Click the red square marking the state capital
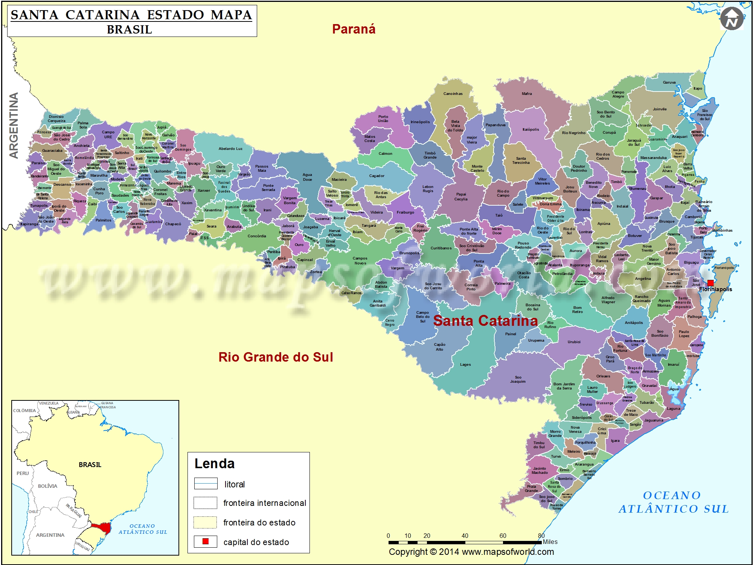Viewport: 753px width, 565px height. click(710, 283)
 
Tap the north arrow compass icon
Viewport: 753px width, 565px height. click(732, 19)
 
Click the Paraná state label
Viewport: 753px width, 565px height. click(354, 29)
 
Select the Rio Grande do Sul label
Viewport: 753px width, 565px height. click(276, 357)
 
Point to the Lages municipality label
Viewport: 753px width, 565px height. click(465, 365)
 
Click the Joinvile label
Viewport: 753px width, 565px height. click(660, 109)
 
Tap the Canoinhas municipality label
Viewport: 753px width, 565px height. click(453, 94)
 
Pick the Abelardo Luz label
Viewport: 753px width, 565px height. click(230, 149)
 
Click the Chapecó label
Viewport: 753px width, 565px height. click(173, 224)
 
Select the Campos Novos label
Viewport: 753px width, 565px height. click(360, 261)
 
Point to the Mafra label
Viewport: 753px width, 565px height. click(527, 94)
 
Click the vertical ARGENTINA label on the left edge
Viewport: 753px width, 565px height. click(14, 125)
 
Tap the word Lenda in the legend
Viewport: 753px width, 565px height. click(214, 464)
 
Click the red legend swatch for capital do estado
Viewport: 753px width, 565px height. click(206, 541)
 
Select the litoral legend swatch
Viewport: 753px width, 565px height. click(206, 483)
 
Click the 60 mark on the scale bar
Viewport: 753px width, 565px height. click(503, 536)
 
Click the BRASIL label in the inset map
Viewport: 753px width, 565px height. click(90, 464)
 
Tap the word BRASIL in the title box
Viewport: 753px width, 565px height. click(130, 29)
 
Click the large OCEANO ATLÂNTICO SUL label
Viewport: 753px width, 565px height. click(673, 502)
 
